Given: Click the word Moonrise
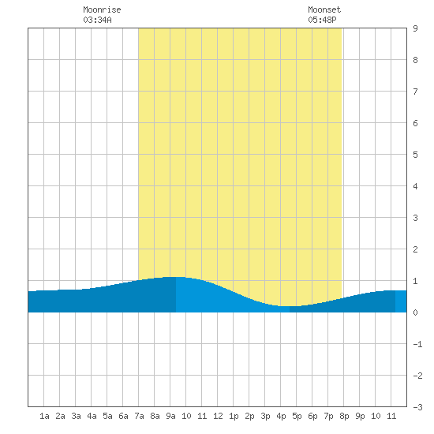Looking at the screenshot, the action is click(102, 9).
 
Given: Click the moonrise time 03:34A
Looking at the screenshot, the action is click(97, 20).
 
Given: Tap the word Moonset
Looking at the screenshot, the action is click(324, 9).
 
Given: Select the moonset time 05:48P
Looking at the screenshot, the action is click(322, 20).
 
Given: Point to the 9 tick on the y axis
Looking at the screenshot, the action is click(415, 28).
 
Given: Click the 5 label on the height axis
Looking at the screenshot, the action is click(415, 155).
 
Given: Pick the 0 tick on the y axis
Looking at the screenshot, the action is click(415, 312).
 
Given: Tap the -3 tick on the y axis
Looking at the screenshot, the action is click(418, 407).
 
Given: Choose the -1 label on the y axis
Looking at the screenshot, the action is click(418, 344).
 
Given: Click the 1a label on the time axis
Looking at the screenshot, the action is click(44, 416).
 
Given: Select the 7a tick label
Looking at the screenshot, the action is click(139, 416).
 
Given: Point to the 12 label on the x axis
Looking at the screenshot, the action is click(218, 416).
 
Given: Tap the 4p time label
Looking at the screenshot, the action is click(281, 416).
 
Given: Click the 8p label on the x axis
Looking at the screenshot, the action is click(344, 416).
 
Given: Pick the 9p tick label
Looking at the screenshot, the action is click(360, 416).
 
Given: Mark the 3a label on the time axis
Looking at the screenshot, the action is click(76, 416).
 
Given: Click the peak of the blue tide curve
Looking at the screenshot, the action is click(176, 277).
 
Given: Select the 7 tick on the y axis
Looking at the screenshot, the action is click(415, 92).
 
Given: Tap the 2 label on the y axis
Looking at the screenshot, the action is click(415, 249).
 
